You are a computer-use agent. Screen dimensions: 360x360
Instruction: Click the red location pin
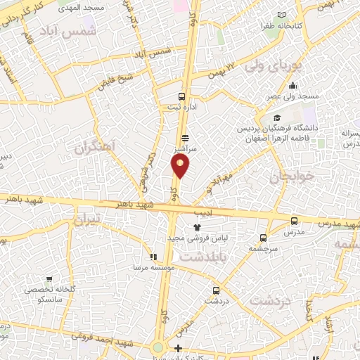pos(181,167)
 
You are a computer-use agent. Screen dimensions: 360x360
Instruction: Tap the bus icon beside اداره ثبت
pos(182,96)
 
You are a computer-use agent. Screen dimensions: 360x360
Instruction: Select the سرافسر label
pos(184,149)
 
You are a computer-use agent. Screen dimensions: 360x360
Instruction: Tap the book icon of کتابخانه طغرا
pos(282,15)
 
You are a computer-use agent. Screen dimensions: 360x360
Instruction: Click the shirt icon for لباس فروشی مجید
pos(198,227)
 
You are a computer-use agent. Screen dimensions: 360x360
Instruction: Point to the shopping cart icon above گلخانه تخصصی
pos(49,279)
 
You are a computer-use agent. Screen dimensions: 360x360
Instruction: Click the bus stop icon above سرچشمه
pos(264,238)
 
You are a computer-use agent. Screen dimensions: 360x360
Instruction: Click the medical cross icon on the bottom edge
pos(179,348)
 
